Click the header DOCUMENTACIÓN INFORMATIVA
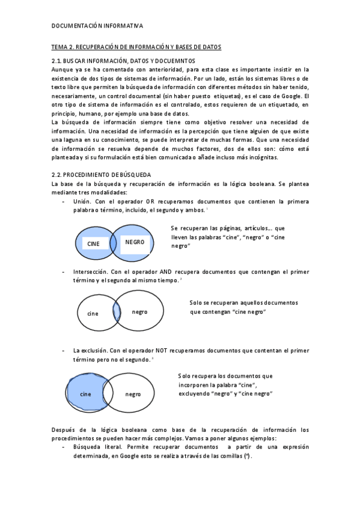coord(97,26)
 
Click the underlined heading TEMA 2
coord(136,46)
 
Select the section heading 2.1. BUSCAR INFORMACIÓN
coord(123,61)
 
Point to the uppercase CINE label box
coord(94,244)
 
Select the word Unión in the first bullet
coord(82,201)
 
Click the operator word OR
coord(150,201)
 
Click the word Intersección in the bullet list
coord(90,272)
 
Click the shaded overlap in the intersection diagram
coord(117,312)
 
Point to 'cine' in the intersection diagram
coord(93,313)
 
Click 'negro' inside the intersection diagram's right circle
coord(139,312)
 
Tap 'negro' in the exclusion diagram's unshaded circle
coord(133,394)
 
